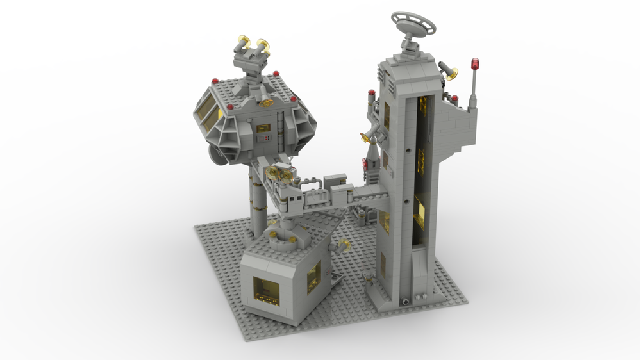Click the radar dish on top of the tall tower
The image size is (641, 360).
tap(413, 24)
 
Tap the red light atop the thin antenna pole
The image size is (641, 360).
tap(475, 63)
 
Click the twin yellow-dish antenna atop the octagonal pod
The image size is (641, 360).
tap(252, 47)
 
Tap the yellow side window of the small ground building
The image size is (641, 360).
tap(313, 276)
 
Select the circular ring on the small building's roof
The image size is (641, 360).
tap(282, 240)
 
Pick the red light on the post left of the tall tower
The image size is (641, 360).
tap(371, 93)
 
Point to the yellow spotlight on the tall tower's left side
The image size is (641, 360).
tap(369, 135)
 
